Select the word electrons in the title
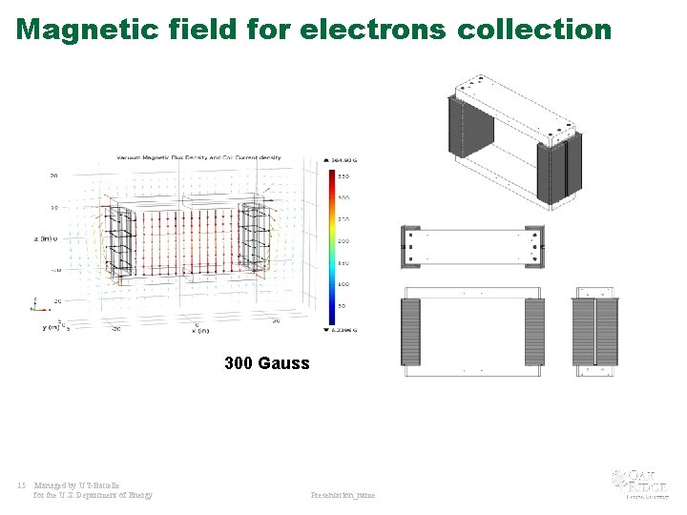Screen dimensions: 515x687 372,30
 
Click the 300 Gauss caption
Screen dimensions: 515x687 267,363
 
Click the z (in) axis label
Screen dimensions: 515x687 45,238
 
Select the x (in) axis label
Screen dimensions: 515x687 200,330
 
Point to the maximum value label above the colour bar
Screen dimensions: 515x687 342,159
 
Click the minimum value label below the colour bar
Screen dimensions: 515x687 342,330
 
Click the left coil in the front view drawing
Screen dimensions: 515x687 411,331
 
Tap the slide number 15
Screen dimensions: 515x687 21,484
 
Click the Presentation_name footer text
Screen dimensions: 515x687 343,495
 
